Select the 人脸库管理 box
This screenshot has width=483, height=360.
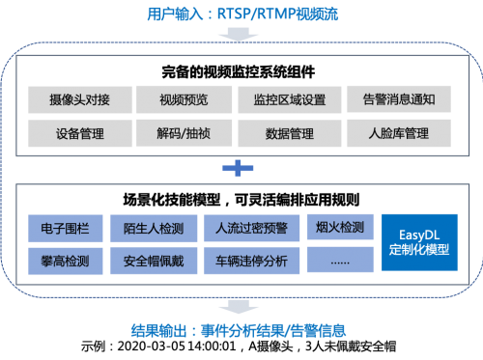pyautogui.click(x=399, y=132)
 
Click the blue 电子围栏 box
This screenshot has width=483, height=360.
pyautogui.click(x=67, y=229)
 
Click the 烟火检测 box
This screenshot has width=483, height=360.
pyautogui.click(x=339, y=229)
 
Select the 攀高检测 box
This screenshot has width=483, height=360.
pyautogui.click(x=67, y=260)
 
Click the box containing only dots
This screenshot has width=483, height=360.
pyautogui.click(x=339, y=260)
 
